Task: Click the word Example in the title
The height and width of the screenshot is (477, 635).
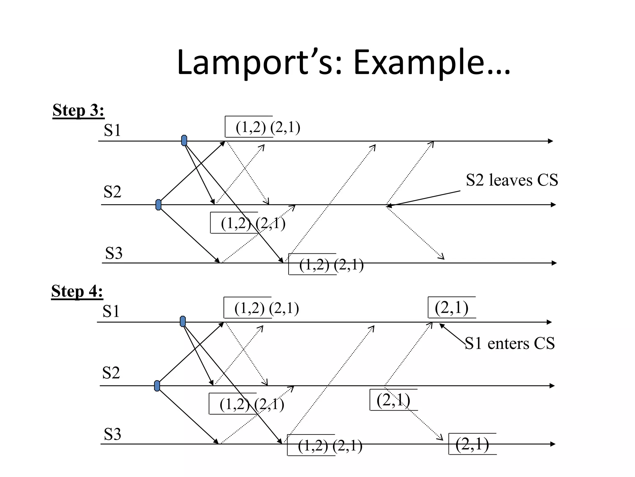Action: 431,63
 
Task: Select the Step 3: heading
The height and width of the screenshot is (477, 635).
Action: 78,110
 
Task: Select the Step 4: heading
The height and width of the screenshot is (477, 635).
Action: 77,291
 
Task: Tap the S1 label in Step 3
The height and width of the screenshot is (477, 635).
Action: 112,130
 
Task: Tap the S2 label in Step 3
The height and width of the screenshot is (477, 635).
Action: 112,192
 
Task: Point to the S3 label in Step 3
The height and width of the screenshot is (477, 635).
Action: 114,253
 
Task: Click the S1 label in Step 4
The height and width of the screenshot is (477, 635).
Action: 111,311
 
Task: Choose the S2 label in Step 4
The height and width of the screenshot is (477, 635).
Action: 111,373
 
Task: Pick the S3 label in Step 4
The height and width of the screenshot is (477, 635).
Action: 112,434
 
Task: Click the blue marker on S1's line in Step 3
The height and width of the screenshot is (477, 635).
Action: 184,140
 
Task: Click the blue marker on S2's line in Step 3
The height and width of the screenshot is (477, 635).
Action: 158,205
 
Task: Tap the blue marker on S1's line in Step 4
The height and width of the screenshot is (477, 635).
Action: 183,321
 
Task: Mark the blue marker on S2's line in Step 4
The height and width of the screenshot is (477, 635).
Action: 157,386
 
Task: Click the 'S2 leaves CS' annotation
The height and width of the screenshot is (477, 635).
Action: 512,180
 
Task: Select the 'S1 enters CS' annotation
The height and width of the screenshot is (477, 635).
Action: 510,343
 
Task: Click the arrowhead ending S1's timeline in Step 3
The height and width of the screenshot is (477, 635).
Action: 550,141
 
